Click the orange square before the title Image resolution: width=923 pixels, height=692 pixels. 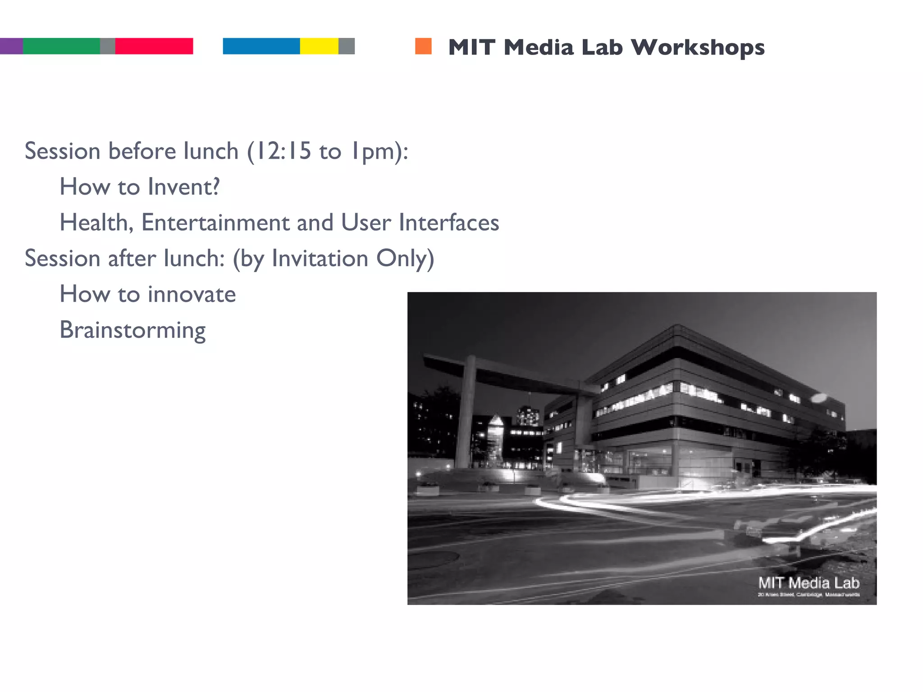[423, 46]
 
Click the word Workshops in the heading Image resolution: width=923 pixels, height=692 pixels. [697, 47]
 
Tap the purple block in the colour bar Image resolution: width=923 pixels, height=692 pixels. [11, 46]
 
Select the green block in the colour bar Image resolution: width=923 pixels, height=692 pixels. [61, 46]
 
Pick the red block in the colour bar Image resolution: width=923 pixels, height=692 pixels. [154, 46]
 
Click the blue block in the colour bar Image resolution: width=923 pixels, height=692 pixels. [261, 46]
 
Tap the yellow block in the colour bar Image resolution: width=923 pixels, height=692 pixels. [319, 46]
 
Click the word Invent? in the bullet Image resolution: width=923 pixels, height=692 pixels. [184, 187]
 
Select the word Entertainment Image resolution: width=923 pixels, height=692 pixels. [215, 223]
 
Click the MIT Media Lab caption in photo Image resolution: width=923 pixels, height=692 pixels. [809, 583]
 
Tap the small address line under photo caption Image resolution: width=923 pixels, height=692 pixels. [809, 595]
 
